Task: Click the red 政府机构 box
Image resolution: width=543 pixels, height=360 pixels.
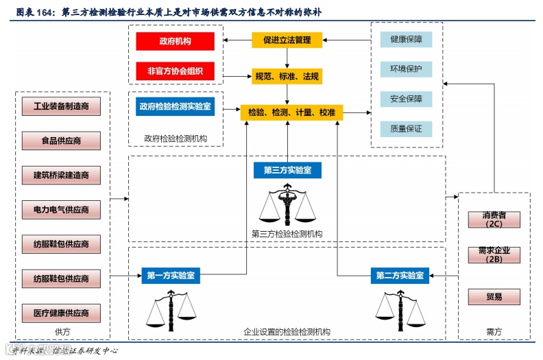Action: coord(175,41)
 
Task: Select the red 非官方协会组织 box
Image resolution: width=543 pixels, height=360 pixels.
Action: coord(175,70)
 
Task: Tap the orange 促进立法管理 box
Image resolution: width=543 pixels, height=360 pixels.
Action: coord(287,40)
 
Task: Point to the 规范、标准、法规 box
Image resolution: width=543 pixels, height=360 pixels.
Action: coord(287,76)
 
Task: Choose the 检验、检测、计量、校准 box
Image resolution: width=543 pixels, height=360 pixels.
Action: coord(291,112)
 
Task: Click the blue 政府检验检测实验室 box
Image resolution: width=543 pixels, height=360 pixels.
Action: coord(175,107)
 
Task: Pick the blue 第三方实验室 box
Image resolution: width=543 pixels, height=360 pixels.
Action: coord(287,170)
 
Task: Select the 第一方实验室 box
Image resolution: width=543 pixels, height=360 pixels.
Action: coord(171,276)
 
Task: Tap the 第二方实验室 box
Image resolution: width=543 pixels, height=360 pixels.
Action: coord(400,276)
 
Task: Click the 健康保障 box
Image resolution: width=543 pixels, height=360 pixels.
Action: coord(406,39)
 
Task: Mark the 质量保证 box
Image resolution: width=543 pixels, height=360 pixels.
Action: coord(406,128)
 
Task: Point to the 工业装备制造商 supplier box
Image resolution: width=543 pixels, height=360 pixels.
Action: coord(61,107)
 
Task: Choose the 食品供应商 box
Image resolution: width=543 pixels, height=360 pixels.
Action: coord(61,141)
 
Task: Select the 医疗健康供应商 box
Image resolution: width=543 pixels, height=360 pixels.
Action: coord(61,313)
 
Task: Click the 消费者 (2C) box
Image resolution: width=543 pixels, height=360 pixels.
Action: coord(494,219)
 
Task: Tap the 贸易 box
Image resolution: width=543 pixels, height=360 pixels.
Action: coord(494,297)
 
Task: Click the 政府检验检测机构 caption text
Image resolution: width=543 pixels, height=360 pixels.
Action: coord(176,139)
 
